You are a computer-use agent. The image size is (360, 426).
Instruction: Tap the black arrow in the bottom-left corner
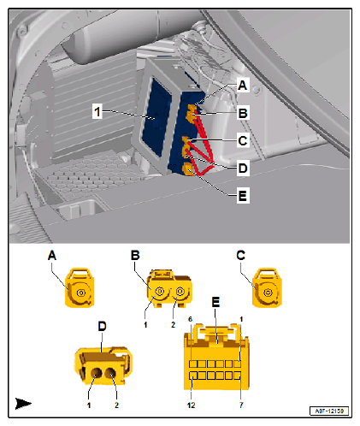22,402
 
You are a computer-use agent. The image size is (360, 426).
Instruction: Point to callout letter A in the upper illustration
244,86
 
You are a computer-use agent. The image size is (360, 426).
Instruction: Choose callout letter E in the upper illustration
244,195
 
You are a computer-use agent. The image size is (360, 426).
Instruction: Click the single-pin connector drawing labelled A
81,288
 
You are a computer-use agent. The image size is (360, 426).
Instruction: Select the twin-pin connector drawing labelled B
168,291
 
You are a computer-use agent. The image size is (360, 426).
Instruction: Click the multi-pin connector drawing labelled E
214,358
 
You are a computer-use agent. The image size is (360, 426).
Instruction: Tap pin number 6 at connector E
190,319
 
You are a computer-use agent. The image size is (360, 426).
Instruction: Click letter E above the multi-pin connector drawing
215,302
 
